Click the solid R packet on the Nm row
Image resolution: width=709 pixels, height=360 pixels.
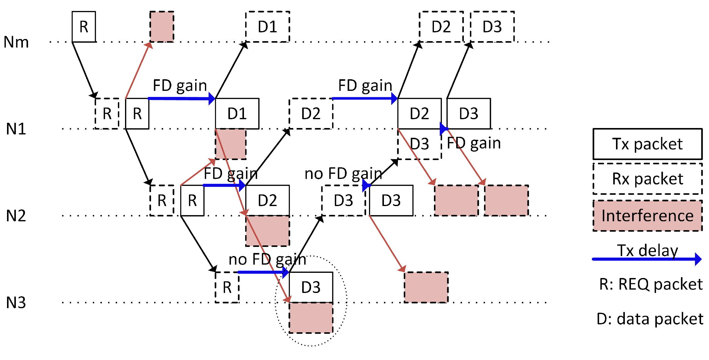pos(84,27)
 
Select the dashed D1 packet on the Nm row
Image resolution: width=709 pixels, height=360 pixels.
pos(267,27)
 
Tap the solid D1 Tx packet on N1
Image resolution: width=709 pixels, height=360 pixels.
pos(237,113)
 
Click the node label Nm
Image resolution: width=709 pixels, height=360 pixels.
pos(16,42)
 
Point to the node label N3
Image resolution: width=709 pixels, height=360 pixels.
pos(16,303)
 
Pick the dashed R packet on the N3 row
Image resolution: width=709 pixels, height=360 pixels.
pos(227,287)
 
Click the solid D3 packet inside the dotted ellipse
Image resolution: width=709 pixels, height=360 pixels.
pos(310,287)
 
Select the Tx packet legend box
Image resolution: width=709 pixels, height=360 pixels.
pos(647,144)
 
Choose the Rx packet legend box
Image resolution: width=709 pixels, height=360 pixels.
pos(647,179)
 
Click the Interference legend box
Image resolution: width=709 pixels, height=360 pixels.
pos(647,216)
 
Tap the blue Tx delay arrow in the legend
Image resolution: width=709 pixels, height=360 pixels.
pos(646,259)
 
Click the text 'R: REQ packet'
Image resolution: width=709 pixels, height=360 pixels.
pos(650,284)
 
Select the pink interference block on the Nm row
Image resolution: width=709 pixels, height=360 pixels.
pos(162,27)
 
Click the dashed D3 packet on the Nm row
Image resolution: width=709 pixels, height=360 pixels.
pos(492,27)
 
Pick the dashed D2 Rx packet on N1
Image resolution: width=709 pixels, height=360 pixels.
pos(310,113)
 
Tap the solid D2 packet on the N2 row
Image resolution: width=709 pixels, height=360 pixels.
pos(267,200)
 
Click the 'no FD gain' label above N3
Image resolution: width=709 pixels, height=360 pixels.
pos(267,259)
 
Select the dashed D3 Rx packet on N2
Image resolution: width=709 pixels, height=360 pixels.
pos(343,200)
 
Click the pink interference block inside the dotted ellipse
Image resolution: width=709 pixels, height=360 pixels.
pos(310,318)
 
